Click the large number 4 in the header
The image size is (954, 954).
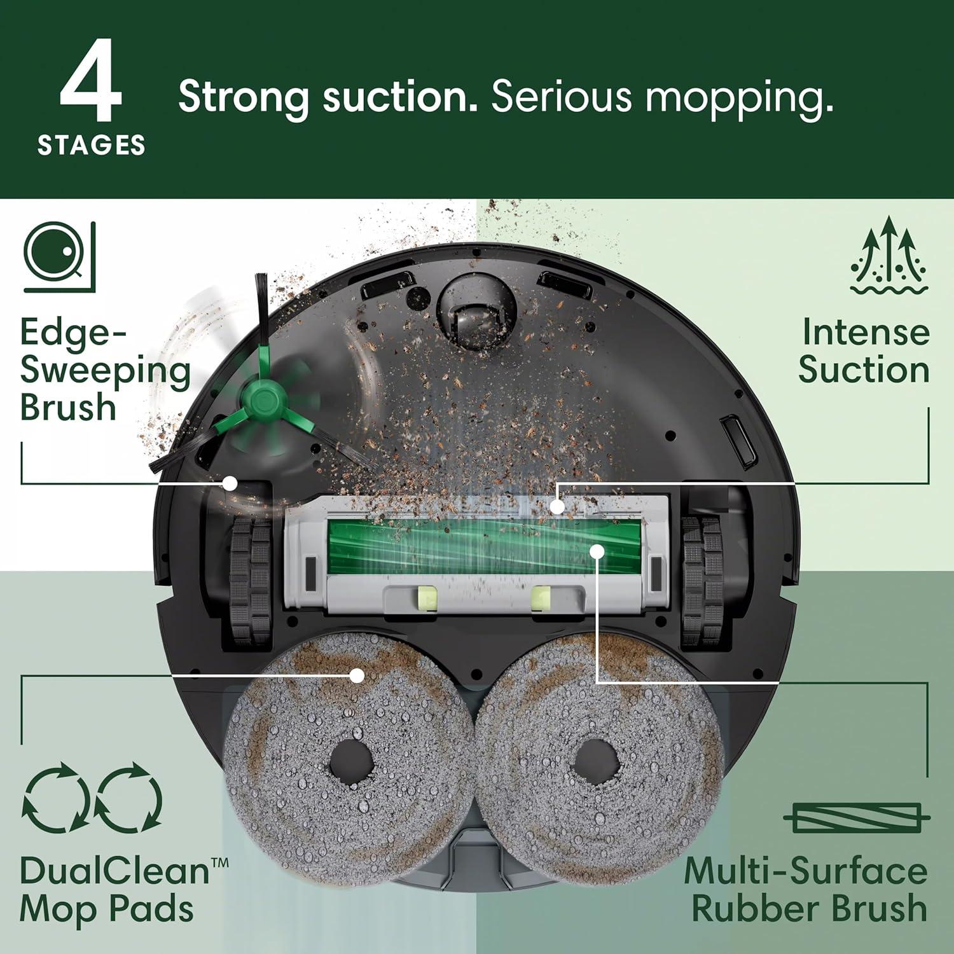(x=91, y=81)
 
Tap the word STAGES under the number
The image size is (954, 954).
(x=92, y=146)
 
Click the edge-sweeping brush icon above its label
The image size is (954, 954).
(x=59, y=257)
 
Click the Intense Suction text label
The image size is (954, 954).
(x=864, y=351)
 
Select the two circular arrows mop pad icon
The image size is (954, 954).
(x=92, y=799)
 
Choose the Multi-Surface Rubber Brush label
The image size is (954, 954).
(x=806, y=890)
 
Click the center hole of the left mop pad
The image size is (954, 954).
(x=350, y=760)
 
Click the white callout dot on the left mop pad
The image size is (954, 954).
(x=358, y=675)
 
